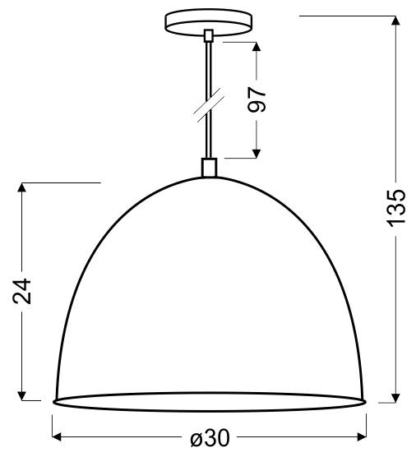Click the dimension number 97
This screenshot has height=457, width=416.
coord(258,99)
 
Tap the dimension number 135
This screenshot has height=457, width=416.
coord(396,208)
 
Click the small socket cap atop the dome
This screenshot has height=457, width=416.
coord(208,168)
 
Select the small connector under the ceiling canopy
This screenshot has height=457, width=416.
coord(208,35)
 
